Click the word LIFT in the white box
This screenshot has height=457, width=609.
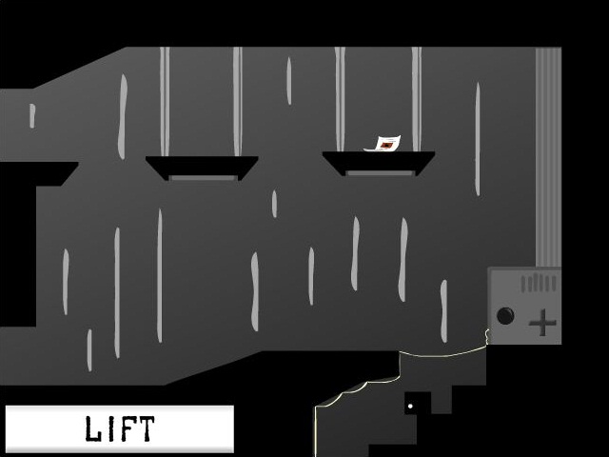(120, 428)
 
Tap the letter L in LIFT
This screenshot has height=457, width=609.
(93, 428)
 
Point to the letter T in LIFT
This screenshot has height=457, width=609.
(145, 428)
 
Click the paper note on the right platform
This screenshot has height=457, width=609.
(383, 144)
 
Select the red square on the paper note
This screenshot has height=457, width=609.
(386, 146)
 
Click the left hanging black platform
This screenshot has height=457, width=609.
(202, 167)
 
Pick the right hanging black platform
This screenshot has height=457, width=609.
(379, 163)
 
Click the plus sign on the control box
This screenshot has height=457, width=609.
(542, 322)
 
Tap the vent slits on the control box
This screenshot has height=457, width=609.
(539, 283)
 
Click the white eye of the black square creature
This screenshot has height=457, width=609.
(410, 407)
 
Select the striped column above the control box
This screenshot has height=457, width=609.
(548, 157)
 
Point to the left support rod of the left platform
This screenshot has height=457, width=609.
(165, 102)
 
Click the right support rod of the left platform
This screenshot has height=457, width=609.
(238, 102)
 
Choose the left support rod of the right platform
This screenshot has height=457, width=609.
(340, 99)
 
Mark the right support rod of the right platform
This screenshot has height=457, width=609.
(417, 99)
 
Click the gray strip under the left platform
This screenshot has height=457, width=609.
(203, 178)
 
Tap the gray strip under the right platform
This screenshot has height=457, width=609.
(380, 173)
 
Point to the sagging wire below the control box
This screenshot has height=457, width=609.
(442, 353)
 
